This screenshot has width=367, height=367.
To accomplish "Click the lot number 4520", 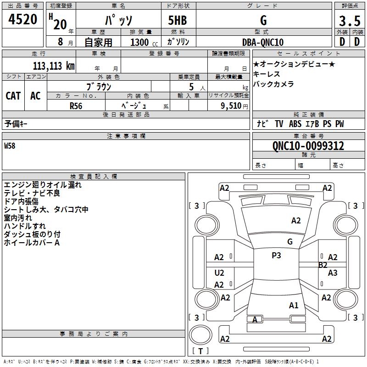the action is [22, 19].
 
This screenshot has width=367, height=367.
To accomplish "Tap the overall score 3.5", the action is [350, 21].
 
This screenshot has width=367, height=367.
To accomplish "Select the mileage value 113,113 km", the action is [54, 66].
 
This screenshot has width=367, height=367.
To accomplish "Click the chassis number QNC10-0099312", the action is [308, 146].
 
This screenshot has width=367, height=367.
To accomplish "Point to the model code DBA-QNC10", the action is [263, 42].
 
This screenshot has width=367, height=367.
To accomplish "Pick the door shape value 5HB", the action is [178, 20].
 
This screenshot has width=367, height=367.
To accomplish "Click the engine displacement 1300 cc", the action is [144, 42].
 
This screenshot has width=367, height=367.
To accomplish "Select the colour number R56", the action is [76, 106].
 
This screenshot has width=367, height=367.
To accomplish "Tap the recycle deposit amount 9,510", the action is [231, 106].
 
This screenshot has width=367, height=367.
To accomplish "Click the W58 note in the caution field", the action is [10, 146].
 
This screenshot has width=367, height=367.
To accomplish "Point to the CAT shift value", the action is [13, 96].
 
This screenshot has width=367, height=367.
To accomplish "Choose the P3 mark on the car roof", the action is [276, 256].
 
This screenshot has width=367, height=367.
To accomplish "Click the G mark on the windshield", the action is [290, 242].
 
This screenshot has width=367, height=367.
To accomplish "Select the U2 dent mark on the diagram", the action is [219, 273].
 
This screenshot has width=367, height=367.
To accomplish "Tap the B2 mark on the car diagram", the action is [323, 265].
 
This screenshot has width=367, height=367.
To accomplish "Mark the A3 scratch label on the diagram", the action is [333, 273].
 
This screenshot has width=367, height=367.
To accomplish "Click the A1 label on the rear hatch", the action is [294, 306].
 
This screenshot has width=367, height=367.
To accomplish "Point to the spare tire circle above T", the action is [200, 335].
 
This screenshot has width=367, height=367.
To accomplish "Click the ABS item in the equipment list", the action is [295, 124].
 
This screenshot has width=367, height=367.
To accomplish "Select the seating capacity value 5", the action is [191, 87].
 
